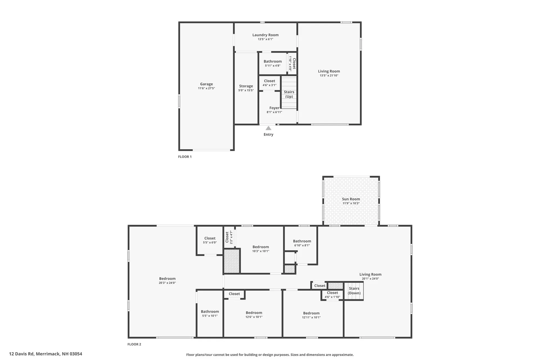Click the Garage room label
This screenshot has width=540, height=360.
click(206, 84)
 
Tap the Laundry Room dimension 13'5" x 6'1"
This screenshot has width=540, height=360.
click(265, 39)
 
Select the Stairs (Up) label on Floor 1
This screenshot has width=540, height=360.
click(289, 94)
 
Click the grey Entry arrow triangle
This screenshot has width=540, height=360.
click(268, 128)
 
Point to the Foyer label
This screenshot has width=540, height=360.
click(274, 108)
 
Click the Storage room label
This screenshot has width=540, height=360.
click(246, 86)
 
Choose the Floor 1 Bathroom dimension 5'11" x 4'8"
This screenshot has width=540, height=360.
click(272, 66)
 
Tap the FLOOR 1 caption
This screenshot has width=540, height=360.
click(185, 157)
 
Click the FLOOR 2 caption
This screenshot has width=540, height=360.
click(134, 344)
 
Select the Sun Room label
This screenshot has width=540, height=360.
click(351, 199)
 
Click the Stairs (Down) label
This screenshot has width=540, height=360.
click(354, 291)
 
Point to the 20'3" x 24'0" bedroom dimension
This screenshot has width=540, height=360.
click(167, 283)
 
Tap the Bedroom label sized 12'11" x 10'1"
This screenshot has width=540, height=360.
click(311, 313)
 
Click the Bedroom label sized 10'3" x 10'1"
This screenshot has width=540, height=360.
click(260, 247)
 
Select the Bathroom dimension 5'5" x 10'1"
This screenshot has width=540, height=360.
click(210, 316)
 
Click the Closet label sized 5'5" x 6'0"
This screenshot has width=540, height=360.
click(210, 238)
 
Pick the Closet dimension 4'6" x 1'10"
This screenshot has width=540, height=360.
click(332, 297)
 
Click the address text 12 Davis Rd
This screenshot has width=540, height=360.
click(46, 354)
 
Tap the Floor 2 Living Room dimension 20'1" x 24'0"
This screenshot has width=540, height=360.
click(370, 279)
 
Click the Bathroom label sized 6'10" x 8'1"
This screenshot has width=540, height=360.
click(302, 241)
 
